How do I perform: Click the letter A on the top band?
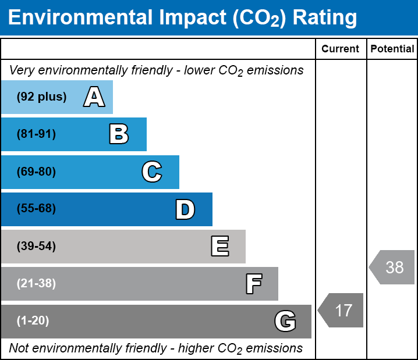[94, 97]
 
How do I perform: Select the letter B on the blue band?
[119, 134]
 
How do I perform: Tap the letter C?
[151, 172]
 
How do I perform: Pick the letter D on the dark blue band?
[185, 209]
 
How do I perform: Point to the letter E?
[219, 247]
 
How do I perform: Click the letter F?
[253, 284]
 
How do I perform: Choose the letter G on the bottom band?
[285, 321]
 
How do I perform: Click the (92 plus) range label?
[41, 97]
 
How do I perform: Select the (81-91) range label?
[36, 134]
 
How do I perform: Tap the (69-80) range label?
[36, 172]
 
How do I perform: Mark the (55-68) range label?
[36, 209]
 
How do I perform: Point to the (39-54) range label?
[36, 247]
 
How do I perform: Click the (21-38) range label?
[36, 284]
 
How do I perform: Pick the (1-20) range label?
[33, 321]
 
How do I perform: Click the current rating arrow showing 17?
[342, 310]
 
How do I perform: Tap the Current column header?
[341, 49]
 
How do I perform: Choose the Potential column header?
[392, 49]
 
